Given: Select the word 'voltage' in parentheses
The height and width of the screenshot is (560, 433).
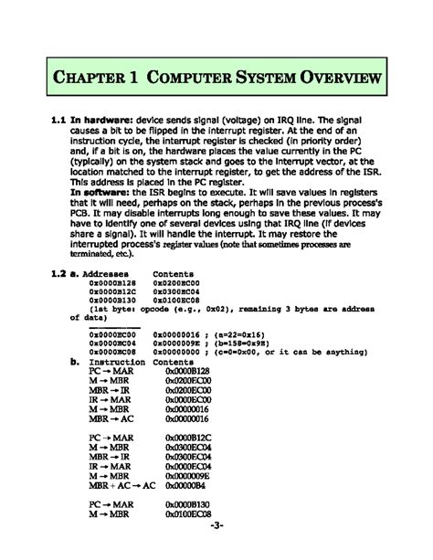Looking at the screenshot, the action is [245, 120].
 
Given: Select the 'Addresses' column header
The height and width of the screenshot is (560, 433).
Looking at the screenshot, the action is [110, 274].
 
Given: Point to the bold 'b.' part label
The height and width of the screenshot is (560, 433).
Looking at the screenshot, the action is [76, 363].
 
